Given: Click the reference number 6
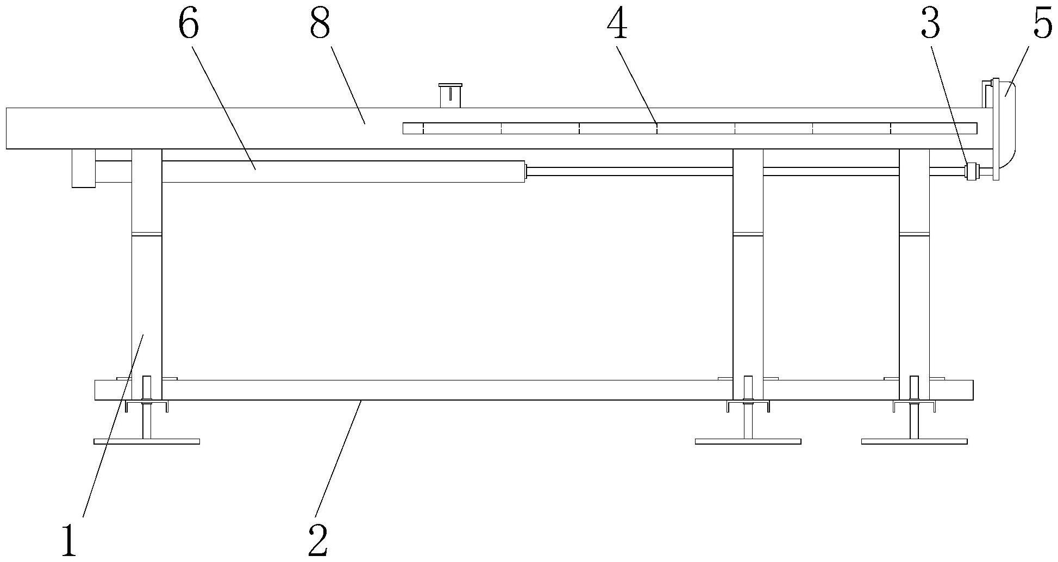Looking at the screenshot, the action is [x=188, y=25].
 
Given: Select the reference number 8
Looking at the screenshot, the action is [x=320, y=25].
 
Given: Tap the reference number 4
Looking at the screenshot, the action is [x=617, y=25].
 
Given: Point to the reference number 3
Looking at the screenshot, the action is [x=930, y=25].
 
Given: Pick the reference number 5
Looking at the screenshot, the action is [x=1042, y=25].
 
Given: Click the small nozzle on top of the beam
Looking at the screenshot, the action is [x=450, y=96].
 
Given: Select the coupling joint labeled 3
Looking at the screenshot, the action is [x=971, y=172].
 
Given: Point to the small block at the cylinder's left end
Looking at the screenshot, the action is [x=84, y=168].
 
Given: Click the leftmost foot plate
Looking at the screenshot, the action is [x=147, y=441].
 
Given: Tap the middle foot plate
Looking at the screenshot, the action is [x=748, y=441].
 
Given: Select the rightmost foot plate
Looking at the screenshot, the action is [x=914, y=441].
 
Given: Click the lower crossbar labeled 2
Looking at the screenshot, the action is [x=534, y=390].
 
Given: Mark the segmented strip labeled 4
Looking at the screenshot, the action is [x=690, y=128].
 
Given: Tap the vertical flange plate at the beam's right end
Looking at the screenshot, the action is [x=996, y=129].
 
